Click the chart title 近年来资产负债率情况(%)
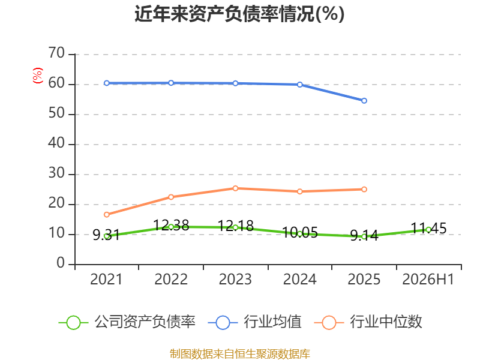click(239, 14)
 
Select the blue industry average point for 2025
click(364, 101)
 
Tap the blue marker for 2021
click(107, 83)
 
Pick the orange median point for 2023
click(235, 188)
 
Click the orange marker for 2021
click(107, 215)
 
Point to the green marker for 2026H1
click(428, 230)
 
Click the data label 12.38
click(171, 226)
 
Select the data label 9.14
click(364, 235)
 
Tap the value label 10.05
click(299, 233)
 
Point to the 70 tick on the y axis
click(56, 53)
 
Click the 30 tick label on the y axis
click(56, 173)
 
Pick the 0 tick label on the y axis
click(61, 263)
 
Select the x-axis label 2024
click(299, 279)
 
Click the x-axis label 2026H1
click(428, 279)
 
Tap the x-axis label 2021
click(106, 279)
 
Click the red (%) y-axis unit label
click(38, 76)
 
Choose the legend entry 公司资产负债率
click(127, 322)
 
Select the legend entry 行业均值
click(254, 322)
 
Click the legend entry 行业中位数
click(368, 322)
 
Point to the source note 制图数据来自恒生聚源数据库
click(240, 354)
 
